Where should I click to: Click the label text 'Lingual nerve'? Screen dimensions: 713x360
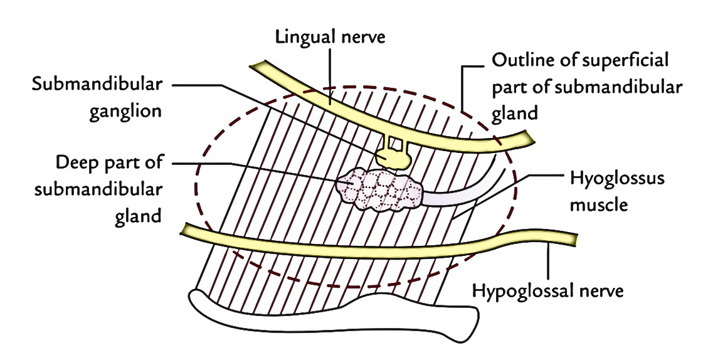pos(330,37)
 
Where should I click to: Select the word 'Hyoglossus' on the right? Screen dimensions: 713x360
pos(618,177)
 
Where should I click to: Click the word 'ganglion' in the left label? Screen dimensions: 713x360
pos(125,111)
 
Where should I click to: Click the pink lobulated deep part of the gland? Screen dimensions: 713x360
pos(379,189)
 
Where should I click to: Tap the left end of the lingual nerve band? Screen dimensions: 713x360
pos(253,65)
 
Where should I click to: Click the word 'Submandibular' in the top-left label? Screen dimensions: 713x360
pos(97,85)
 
